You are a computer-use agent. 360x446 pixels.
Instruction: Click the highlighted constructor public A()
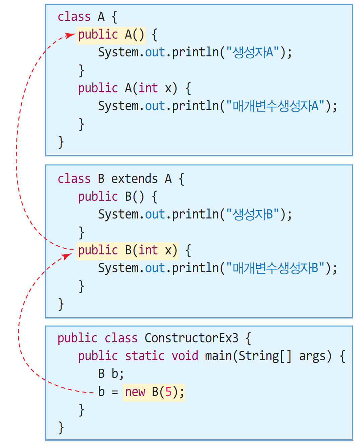111,35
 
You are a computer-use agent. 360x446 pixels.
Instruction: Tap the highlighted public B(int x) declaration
127,251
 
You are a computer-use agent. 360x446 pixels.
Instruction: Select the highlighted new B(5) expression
154,392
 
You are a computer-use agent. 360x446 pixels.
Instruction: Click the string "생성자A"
253,52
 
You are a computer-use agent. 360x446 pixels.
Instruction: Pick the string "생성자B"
253,214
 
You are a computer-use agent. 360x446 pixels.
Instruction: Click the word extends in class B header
134,179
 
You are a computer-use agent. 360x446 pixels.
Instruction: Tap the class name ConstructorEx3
191,338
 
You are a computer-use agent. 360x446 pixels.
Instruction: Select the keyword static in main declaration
145,356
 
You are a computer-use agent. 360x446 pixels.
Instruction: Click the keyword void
185,356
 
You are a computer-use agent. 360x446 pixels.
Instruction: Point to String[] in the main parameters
265,356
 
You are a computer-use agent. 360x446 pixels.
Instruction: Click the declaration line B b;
111,374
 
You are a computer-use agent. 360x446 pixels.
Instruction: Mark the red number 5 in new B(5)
168,392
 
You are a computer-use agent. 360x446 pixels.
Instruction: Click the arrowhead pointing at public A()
71,35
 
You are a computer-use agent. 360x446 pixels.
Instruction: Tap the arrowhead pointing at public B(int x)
68,255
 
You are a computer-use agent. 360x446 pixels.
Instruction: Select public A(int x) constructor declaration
127,88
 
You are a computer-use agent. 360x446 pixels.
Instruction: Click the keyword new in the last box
135,392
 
